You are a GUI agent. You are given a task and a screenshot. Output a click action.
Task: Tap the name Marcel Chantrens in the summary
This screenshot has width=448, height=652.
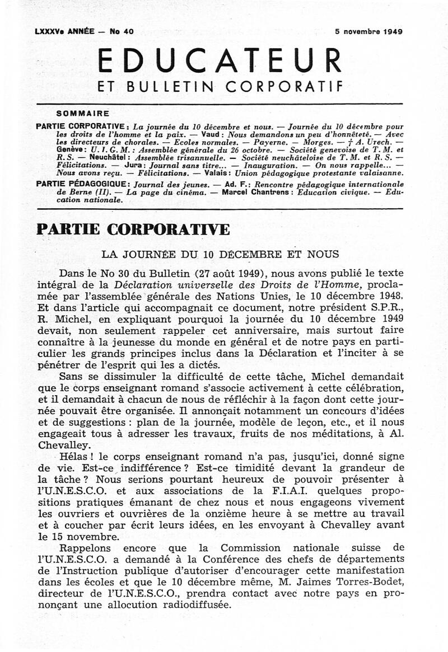(x=250, y=191)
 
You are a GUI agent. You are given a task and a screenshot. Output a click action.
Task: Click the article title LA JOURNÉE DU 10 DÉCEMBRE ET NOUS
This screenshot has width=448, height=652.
(x=220, y=254)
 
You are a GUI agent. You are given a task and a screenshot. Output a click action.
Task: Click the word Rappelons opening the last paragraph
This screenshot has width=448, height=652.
(x=86, y=546)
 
